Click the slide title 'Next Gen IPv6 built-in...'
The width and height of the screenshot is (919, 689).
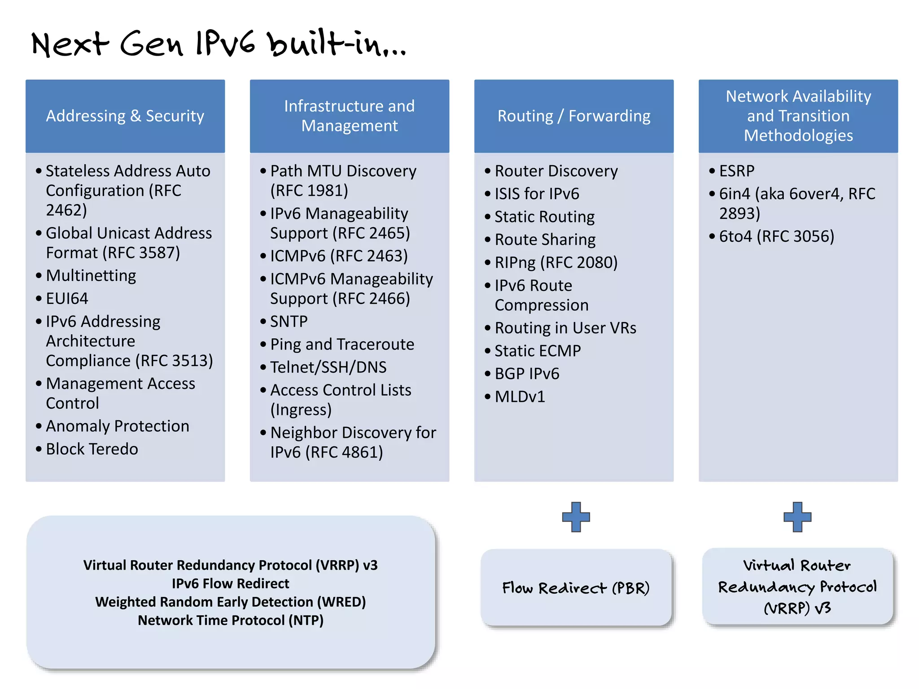tap(219, 44)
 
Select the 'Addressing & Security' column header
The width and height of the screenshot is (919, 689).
tap(125, 116)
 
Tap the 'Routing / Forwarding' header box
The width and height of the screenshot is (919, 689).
tap(573, 116)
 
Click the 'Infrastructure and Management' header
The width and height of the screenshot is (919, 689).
tap(349, 116)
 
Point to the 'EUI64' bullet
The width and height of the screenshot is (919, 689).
tap(67, 299)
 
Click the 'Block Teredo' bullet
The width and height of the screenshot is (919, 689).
tap(92, 449)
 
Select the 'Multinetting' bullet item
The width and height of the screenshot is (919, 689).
tap(91, 276)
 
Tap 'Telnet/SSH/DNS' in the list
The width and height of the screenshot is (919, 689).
tap(328, 367)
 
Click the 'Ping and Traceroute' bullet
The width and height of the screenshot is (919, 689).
tap(342, 344)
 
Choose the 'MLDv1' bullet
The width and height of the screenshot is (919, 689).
tap(520, 397)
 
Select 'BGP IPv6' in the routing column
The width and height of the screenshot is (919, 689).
tap(527, 374)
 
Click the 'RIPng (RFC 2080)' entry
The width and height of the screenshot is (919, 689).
tap(556, 263)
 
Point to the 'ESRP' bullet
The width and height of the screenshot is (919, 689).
tap(736, 171)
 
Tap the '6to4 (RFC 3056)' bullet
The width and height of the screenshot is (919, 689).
tap(776, 236)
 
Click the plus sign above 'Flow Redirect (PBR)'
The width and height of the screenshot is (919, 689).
tap(576, 517)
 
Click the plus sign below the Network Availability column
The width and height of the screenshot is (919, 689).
tap(797, 517)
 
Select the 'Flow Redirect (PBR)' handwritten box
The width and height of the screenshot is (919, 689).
tap(576, 588)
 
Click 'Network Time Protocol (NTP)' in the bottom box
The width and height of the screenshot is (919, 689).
tap(230, 620)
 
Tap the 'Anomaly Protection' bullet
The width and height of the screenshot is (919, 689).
tap(117, 426)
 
